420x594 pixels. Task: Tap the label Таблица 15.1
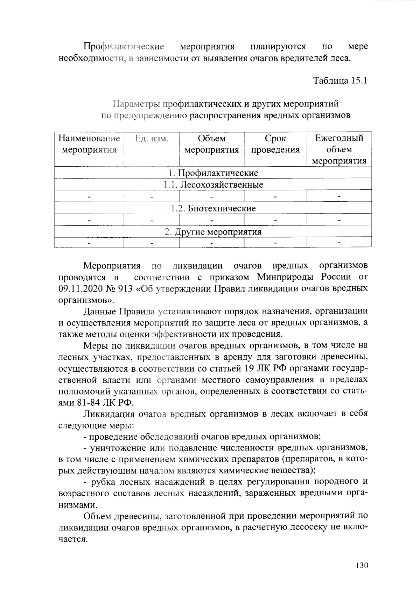pos(340,81)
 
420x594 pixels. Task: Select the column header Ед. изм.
pos(152,139)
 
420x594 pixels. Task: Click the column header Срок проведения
pos(275,144)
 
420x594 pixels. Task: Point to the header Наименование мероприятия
pos(89,144)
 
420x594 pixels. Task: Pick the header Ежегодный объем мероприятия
pos(339,149)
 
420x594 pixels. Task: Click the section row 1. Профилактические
pos(213,173)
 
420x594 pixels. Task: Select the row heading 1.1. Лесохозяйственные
pos(213,184)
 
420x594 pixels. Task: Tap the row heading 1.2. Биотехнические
pos(213,209)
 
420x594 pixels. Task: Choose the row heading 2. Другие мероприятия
pos(213,232)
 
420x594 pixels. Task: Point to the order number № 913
pos(120,289)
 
